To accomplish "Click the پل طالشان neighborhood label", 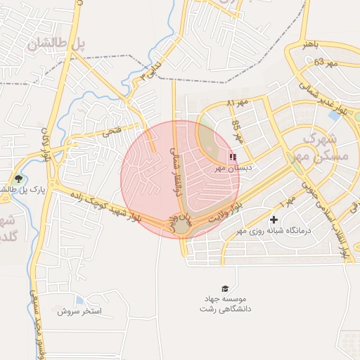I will point(56,44).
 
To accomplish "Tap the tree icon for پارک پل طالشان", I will point(18,179).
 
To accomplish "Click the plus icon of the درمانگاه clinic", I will point(274,220).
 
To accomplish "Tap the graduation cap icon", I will point(225,288).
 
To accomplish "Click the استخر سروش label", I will point(80,310).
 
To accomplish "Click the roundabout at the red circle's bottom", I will point(182,226).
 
